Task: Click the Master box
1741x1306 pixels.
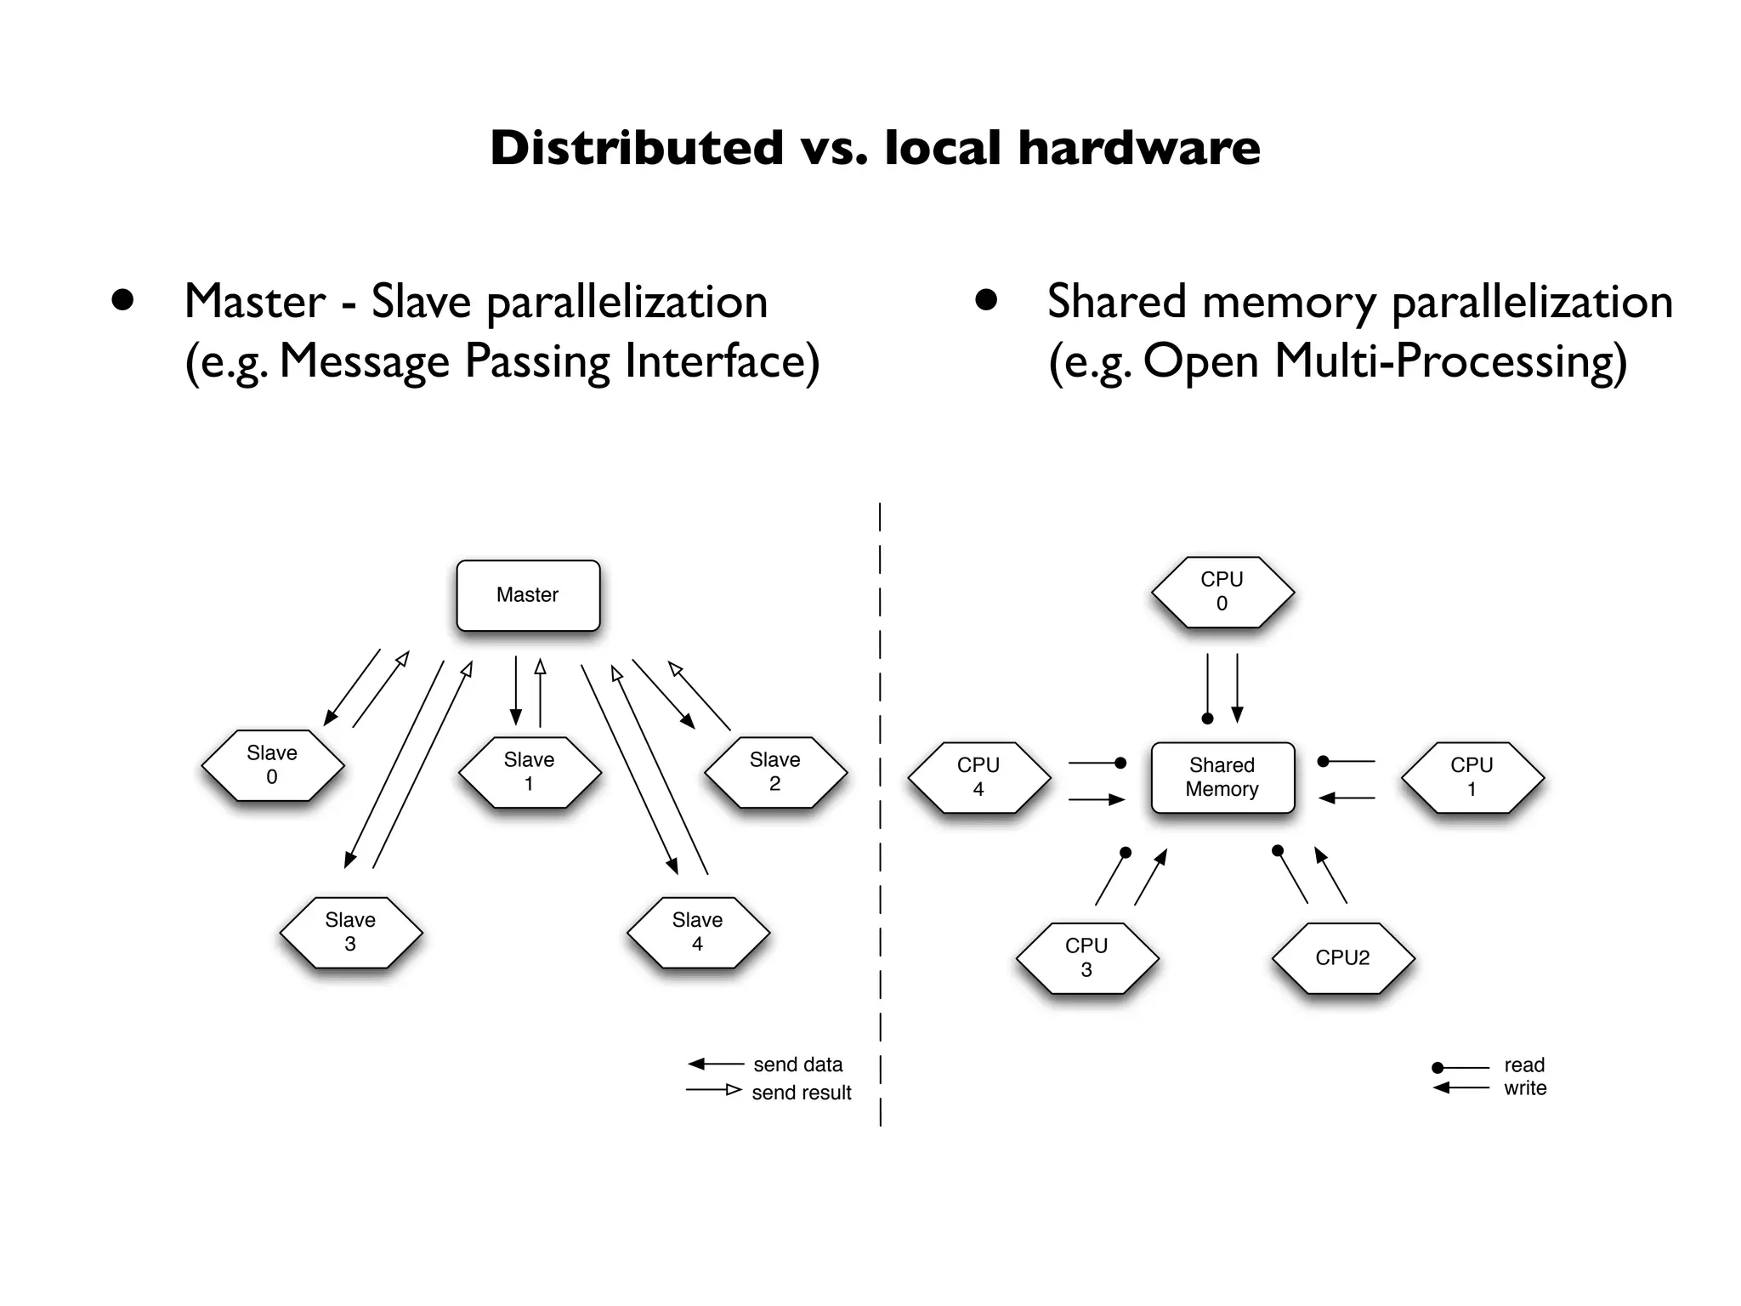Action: tap(528, 595)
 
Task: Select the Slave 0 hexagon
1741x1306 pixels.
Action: tap(272, 764)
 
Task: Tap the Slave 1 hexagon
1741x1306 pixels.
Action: tap(529, 771)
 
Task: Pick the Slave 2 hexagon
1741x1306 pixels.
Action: tap(775, 771)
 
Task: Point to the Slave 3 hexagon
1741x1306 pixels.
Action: tap(350, 932)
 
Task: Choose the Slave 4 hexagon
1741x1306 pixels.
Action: tap(697, 932)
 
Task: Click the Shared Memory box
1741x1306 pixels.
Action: tap(1222, 777)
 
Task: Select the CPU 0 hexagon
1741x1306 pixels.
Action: tap(1222, 591)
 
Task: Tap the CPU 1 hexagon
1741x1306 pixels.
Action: tap(1472, 776)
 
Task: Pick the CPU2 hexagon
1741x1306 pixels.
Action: tap(1342, 957)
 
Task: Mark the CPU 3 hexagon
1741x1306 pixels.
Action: tap(1086, 957)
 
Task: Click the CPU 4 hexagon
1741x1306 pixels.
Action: tap(978, 776)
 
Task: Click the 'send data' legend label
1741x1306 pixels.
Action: tap(797, 1065)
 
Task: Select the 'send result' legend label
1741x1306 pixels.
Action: tap(801, 1093)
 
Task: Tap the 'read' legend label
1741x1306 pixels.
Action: tap(1524, 1065)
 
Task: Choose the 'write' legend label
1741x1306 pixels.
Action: tap(1525, 1088)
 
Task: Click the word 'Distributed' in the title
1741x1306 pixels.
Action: tap(636, 148)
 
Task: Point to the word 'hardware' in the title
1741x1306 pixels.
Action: tap(1139, 148)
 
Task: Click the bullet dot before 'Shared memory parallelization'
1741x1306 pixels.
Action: tap(985, 300)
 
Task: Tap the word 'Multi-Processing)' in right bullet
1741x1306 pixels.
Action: tap(1450, 361)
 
